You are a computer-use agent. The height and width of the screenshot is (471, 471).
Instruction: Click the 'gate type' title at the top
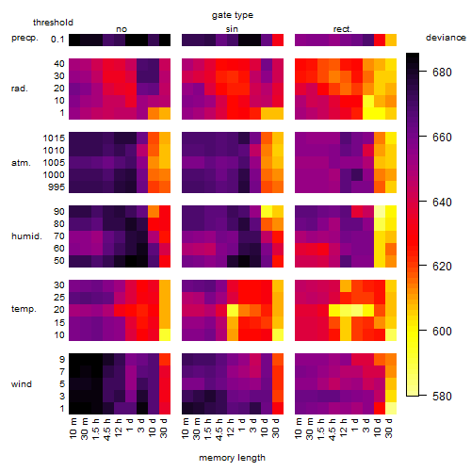pyautogui.click(x=233, y=15)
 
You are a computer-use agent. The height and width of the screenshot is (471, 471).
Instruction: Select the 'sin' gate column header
pyautogui.click(x=232, y=29)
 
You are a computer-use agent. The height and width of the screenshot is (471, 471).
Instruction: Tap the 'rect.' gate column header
pyautogui.click(x=342, y=29)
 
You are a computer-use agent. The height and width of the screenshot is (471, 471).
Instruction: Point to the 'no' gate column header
pyautogui.click(x=122, y=29)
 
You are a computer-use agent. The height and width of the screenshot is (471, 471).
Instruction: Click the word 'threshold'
pyautogui.click(x=53, y=23)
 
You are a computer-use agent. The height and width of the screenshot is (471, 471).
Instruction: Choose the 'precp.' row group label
pyautogui.click(x=24, y=38)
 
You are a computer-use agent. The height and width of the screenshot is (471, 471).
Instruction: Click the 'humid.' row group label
pyautogui.click(x=26, y=236)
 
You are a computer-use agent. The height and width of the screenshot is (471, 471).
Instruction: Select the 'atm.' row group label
pyautogui.click(x=21, y=163)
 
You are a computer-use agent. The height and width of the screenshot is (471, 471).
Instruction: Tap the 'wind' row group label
pyautogui.click(x=22, y=384)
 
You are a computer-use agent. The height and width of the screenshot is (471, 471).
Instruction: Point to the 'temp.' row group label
pyautogui.click(x=24, y=309)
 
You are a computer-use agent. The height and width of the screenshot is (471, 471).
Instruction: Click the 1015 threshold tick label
pyautogui.click(x=54, y=138)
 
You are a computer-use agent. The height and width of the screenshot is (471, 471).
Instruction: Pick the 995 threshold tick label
pyautogui.click(x=57, y=187)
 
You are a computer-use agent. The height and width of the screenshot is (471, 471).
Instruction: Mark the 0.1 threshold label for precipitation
pyautogui.click(x=57, y=40)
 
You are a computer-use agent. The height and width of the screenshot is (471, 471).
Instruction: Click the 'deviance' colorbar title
pyautogui.click(x=446, y=38)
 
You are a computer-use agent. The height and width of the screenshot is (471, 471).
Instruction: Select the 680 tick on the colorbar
pyautogui.click(x=442, y=73)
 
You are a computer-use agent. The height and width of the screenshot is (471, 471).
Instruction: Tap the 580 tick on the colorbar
pyautogui.click(x=442, y=397)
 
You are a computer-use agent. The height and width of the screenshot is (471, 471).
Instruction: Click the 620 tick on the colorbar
pyautogui.click(x=442, y=267)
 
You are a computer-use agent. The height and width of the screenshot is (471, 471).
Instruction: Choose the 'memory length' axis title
pyautogui.click(x=233, y=458)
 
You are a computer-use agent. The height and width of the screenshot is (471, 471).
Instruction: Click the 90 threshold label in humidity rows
pyautogui.click(x=59, y=212)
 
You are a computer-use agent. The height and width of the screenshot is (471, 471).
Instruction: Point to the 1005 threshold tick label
pyautogui.click(x=54, y=163)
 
